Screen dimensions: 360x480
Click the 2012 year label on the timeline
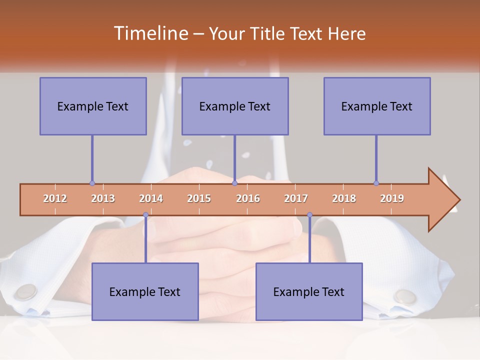pos(55,198)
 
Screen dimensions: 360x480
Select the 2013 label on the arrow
pos(103,198)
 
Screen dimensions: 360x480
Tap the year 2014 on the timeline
pos(151,198)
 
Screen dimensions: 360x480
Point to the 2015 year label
pos(199,198)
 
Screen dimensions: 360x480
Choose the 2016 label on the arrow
pos(248,198)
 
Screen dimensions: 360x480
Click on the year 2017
pos(296,198)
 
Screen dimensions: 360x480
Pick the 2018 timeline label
pos(344,198)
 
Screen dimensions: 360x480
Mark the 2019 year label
pos(392,198)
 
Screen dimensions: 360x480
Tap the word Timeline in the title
pos(150,33)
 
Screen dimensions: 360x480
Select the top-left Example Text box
pos(93,106)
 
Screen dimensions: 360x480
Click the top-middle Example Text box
pos(235,106)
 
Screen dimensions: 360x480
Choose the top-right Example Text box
pos(377,106)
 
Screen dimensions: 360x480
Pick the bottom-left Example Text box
pos(145,291)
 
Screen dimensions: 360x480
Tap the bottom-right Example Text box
pos(309,291)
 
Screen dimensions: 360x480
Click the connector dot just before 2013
pos(92,183)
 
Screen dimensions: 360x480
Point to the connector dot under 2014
pos(145,215)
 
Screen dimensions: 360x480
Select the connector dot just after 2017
pos(309,215)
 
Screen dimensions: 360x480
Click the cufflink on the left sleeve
pos(26,291)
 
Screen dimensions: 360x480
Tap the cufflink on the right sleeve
pos(405,296)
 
